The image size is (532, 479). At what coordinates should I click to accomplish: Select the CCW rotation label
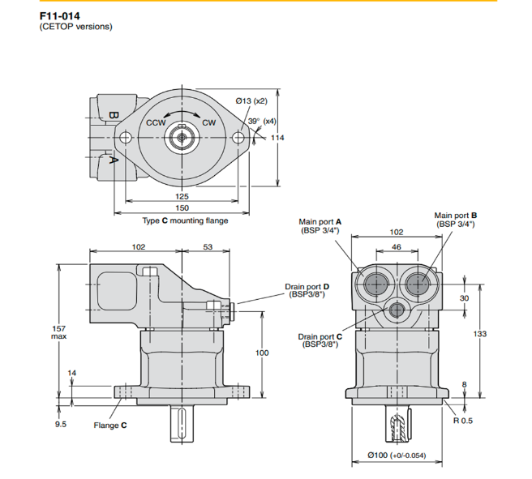coord(157,122)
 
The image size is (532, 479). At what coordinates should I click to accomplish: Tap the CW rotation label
coord(208,122)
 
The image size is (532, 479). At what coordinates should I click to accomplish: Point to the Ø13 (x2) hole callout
coord(251,101)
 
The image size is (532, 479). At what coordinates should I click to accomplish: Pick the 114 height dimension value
coord(278,138)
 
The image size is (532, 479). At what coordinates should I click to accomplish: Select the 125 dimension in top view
coord(182,197)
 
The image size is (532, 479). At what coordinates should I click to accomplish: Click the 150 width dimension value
coord(182,209)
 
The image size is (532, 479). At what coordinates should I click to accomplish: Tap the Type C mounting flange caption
coord(185,220)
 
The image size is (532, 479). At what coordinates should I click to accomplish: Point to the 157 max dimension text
coord(58,331)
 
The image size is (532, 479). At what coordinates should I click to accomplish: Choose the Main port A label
coord(320,225)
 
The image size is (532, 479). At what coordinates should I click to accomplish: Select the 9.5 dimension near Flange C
coord(62,424)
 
